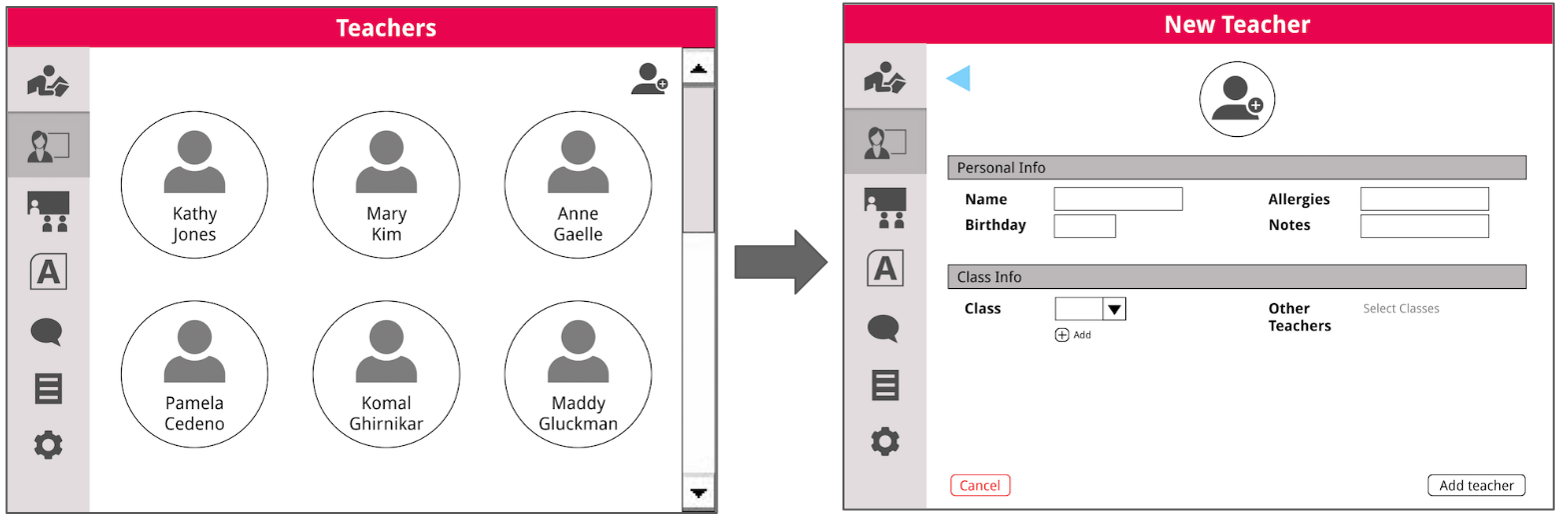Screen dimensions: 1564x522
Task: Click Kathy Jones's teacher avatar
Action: tap(194, 185)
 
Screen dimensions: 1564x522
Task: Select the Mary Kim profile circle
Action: tap(386, 185)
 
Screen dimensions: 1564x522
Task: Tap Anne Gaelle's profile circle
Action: tap(578, 185)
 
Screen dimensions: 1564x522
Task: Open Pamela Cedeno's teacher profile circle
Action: tap(194, 375)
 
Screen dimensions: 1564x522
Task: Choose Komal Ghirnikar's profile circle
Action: tap(386, 375)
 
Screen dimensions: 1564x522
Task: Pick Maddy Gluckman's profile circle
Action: tap(578, 375)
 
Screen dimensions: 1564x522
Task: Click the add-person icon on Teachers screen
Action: tap(649, 79)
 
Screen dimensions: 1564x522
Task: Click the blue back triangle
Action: tap(958, 78)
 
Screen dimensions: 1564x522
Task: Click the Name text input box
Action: tap(1117, 199)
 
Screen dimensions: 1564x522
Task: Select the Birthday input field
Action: tap(1084, 226)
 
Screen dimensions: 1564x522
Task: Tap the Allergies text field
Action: tap(1424, 199)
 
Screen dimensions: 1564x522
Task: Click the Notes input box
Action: tap(1424, 226)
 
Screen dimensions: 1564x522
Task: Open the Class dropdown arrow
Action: tap(1114, 309)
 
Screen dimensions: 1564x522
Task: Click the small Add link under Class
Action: tap(1073, 335)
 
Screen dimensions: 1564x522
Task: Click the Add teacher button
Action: tap(1476, 486)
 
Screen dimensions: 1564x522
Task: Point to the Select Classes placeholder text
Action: tap(1401, 309)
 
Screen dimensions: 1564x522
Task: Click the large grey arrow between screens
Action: tap(781, 262)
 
